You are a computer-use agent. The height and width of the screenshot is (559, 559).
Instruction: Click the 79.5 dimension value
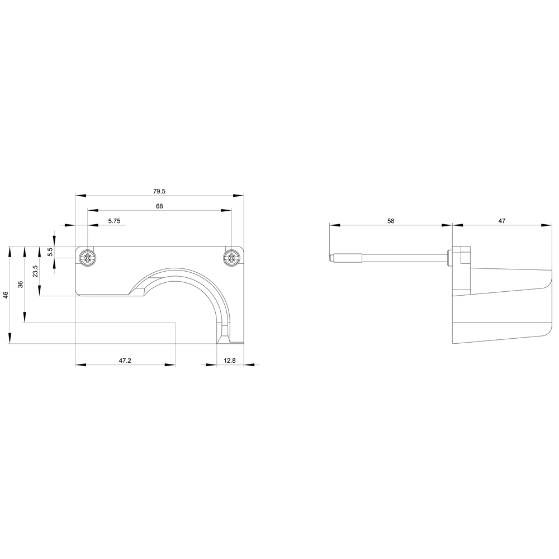(x=159, y=191)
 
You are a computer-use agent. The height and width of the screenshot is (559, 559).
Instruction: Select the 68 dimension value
(x=159, y=206)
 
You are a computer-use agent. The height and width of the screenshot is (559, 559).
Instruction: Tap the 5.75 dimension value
(x=115, y=221)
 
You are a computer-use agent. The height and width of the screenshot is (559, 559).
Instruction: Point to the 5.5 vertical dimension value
(x=51, y=252)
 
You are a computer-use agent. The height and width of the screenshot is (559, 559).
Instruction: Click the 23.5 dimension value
(x=35, y=272)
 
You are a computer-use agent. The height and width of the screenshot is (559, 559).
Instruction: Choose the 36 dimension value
(x=21, y=284)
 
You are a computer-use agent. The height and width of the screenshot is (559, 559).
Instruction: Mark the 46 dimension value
(x=6, y=295)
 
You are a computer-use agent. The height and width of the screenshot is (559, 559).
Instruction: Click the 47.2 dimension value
(x=125, y=361)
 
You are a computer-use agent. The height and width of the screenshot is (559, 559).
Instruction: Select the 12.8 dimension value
(x=230, y=361)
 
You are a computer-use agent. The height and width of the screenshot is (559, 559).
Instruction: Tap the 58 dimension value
(x=391, y=221)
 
